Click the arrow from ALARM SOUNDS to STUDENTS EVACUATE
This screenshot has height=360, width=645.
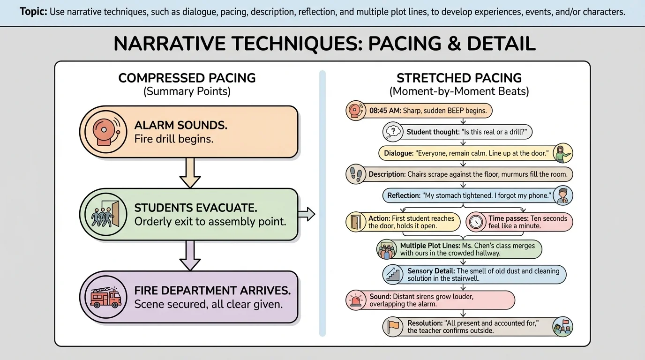click(x=190, y=173)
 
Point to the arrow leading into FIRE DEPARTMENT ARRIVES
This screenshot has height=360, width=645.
click(x=190, y=255)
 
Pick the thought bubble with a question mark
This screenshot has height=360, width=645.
click(x=392, y=132)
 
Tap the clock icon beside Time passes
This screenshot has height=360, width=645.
click(x=476, y=222)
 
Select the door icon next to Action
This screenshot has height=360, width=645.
click(x=356, y=222)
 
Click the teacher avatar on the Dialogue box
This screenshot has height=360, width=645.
click(x=562, y=153)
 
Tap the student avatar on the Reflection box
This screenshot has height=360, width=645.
click(x=562, y=195)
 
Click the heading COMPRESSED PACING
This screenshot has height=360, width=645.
click(x=187, y=78)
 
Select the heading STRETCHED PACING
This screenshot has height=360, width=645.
click(x=459, y=78)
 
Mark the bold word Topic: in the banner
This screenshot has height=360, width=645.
click(x=33, y=12)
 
